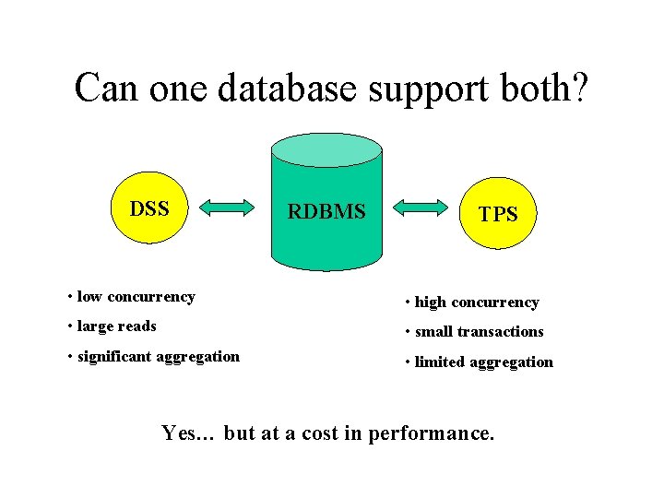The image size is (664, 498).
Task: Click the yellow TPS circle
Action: tap(497, 213)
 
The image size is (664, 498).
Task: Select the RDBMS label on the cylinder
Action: tap(326, 212)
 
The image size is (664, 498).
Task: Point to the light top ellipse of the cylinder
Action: tap(326, 149)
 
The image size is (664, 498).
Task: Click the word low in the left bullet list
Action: tap(89, 297)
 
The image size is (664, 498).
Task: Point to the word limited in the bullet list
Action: tap(440, 362)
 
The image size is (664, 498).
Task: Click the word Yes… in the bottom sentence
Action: tap(188, 433)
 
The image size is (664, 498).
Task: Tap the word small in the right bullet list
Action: tap(434, 332)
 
